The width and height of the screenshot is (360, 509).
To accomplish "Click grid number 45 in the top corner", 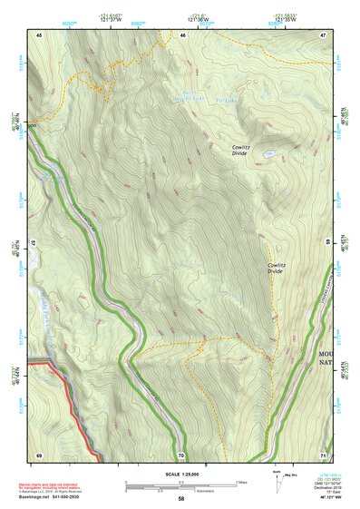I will tap(39, 34).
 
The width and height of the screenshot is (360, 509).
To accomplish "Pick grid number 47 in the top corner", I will tap(324, 34).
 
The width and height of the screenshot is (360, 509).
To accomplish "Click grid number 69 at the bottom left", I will tap(39, 454).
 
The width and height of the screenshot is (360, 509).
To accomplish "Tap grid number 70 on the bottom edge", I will tap(181, 454).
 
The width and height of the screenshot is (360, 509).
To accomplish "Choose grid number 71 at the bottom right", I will tap(324, 454).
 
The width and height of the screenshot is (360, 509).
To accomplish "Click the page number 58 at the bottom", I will tap(181, 498).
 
